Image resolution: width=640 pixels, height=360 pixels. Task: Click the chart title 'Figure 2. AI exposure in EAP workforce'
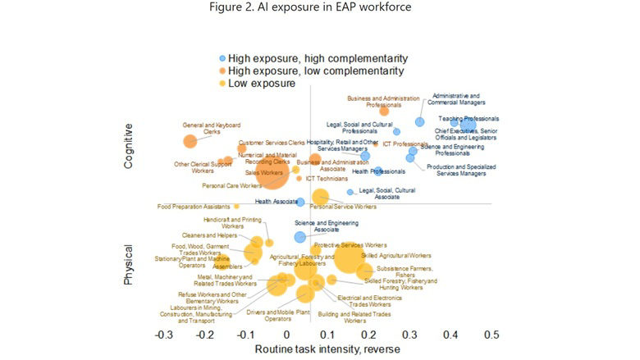pos(320,9)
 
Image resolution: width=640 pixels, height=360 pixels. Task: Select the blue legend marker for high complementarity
pos(222,58)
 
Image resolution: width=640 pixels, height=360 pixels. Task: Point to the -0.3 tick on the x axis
pos(163,335)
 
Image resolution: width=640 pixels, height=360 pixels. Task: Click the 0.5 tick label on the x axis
pos(491,335)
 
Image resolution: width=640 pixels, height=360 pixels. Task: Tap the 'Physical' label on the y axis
pos(129,264)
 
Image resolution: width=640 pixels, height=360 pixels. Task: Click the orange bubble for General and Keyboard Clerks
pos(190,141)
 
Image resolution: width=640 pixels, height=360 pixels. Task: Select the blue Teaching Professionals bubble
pos(468,125)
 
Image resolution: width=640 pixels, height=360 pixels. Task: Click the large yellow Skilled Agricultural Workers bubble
pos(347,260)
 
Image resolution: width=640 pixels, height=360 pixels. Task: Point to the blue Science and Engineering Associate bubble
pos(300,237)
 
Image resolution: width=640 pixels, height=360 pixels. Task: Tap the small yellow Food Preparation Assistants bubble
pos(237,207)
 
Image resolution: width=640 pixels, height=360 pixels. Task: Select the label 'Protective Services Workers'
pos(350,245)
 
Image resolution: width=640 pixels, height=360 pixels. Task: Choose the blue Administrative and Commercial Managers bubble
pos(419,121)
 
